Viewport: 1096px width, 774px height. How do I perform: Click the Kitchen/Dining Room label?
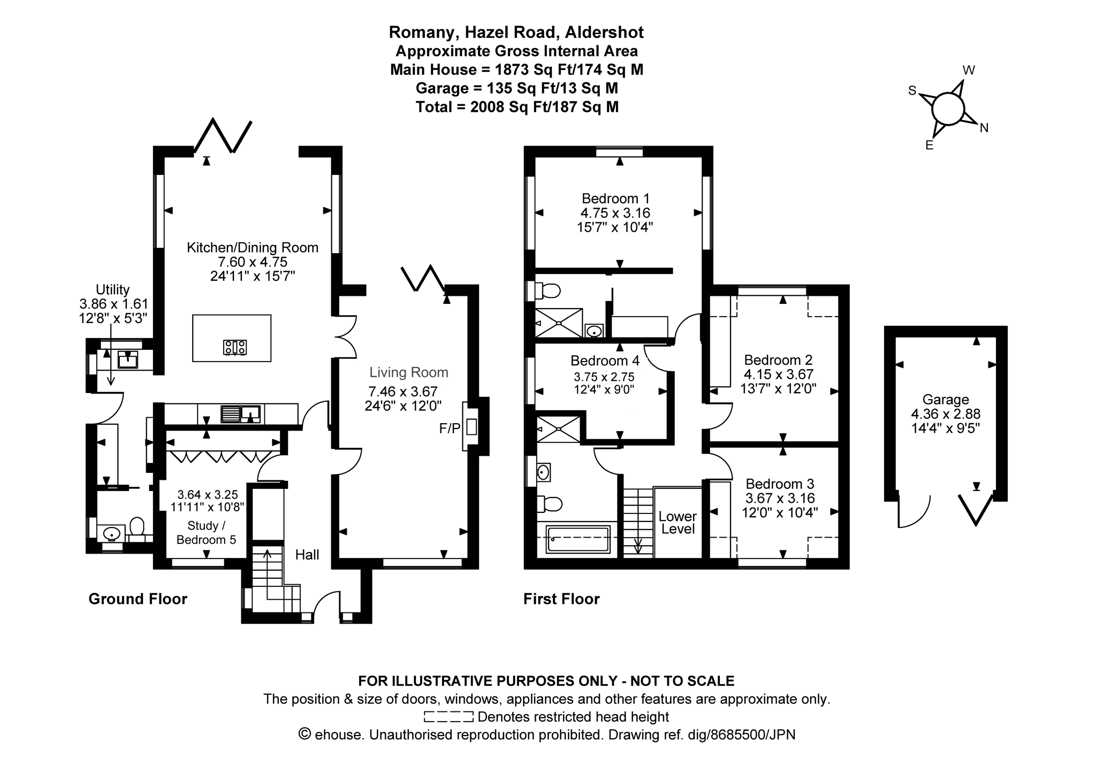coord(253,248)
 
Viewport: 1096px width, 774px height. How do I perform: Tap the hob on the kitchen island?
coord(235,347)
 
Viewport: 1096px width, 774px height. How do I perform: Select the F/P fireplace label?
coord(450,428)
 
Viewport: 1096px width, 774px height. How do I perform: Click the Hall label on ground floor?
coord(307,555)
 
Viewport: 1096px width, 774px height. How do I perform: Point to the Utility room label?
coord(113,289)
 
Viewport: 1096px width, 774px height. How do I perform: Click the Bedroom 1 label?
coord(616,198)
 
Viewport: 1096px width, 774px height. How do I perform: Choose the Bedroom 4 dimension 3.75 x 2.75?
coord(604,377)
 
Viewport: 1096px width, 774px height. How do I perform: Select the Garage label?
coord(946,400)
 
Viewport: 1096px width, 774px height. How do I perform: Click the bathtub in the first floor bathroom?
coord(577,539)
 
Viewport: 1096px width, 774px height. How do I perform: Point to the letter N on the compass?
coord(984,128)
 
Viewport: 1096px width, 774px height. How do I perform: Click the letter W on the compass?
coord(969,70)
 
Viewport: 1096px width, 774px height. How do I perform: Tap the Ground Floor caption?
coord(138,599)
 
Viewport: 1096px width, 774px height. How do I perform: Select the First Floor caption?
coord(561,599)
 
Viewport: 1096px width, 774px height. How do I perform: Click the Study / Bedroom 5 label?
coord(206,533)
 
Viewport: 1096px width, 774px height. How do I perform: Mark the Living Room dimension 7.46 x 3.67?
coord(403,392)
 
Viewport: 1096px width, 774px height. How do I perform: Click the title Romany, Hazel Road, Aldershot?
coord(516,33)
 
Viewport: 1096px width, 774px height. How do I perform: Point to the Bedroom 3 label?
coord(780,484)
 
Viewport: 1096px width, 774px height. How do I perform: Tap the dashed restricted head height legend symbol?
coord(448,717)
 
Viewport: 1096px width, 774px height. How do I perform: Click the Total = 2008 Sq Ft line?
coord(517,107)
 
